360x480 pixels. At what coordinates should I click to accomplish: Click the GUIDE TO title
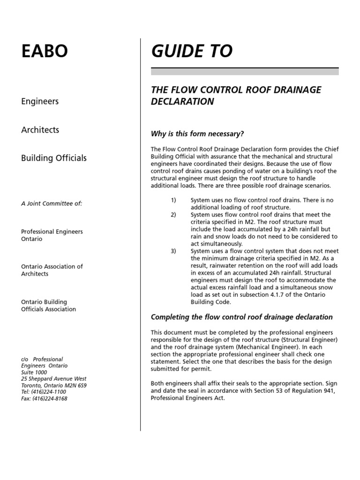point(191,51)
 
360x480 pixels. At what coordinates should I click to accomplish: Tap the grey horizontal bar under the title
point(244,71)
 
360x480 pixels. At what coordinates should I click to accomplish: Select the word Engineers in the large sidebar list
point(40,101)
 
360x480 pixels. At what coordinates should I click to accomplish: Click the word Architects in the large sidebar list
point(40,129)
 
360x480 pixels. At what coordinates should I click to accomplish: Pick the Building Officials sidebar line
point(54,158)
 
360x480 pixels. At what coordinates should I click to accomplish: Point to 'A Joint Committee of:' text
point(52,203)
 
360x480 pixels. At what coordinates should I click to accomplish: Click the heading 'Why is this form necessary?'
point(197,134)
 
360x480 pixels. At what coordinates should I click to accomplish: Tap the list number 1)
point(173,200)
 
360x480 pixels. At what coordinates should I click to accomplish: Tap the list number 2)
point(173,215)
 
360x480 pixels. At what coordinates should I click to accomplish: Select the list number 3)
point(173,251)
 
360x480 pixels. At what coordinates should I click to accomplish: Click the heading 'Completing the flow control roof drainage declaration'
point(241,317)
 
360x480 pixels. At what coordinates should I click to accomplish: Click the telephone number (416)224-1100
point(49,392)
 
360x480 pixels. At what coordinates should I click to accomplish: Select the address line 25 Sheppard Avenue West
point(54,379)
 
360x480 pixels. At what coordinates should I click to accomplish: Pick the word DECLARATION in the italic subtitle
point(182,102)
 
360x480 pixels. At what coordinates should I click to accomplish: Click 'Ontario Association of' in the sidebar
point(52,266)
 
